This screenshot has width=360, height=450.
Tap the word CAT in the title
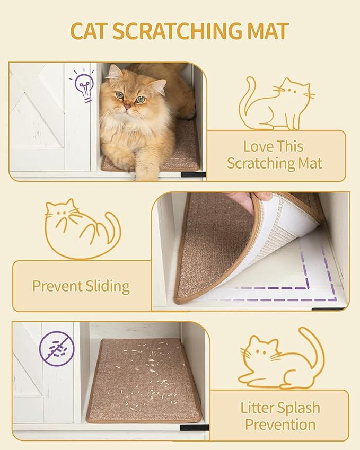[89, 31]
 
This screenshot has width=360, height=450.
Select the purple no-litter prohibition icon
[57, 348]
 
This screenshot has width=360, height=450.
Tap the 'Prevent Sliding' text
[81, 286]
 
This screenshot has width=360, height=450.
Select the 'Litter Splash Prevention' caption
[280, 416]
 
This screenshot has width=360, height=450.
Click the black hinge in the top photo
[193, 174]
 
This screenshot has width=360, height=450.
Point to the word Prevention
[280, 425]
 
